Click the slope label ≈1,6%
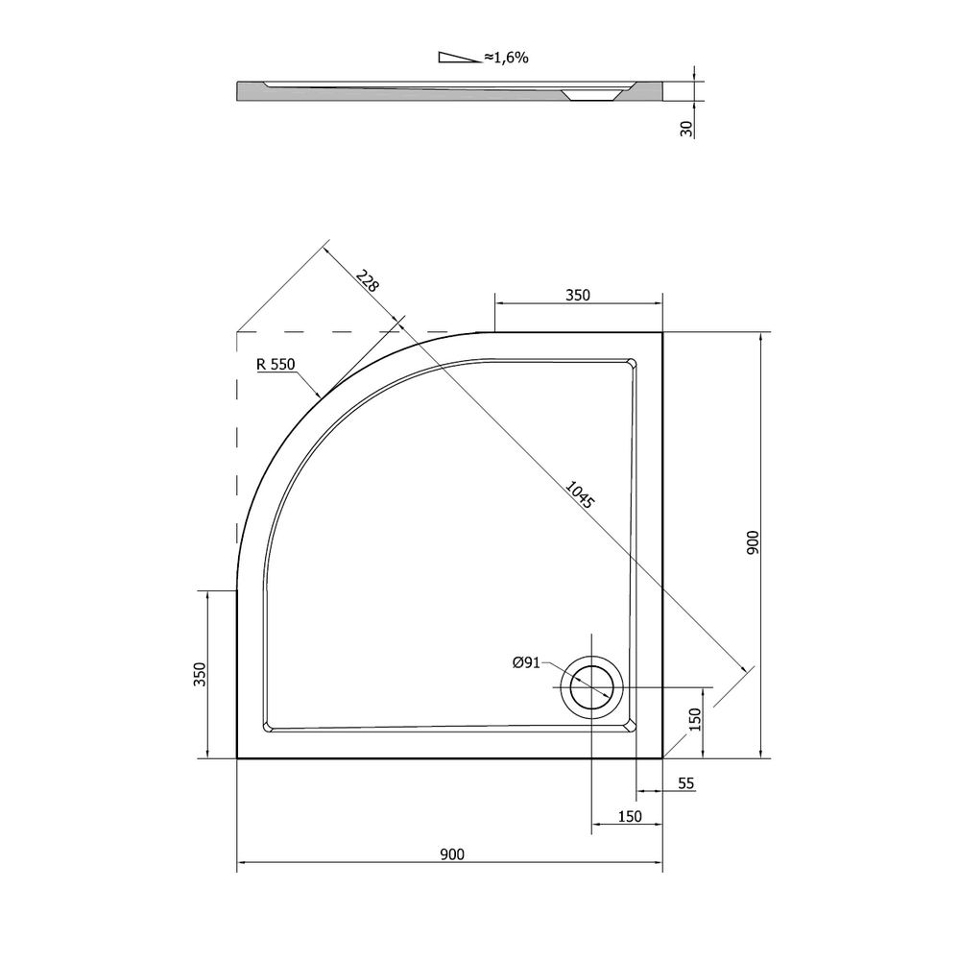tap(506, 58)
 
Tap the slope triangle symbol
tap(459, 58)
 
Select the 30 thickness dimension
tap(685, 129)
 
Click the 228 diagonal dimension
tap(367, 281)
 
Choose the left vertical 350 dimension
tap(200, 675)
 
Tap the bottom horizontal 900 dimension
tap(450, 853)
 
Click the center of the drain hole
tap(591, 688)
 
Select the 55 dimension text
tap(685, 783)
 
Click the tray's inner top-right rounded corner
tap(630, 364)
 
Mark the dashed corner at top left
tap(238, 332)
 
